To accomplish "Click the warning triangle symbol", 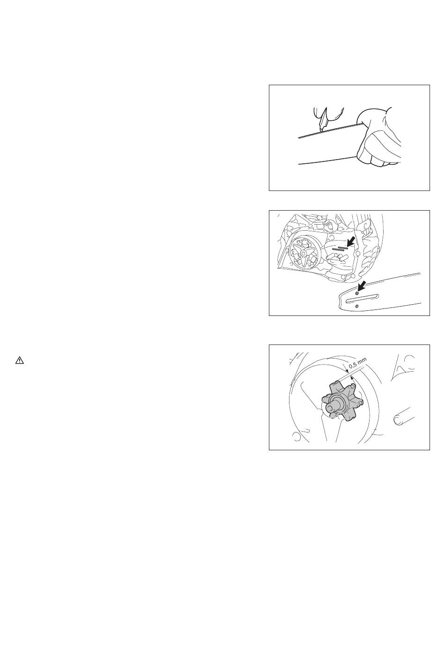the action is pyautogui.click(x=20, y=360).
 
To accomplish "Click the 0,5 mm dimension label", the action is pyautogui.click(x=357, y=363).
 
